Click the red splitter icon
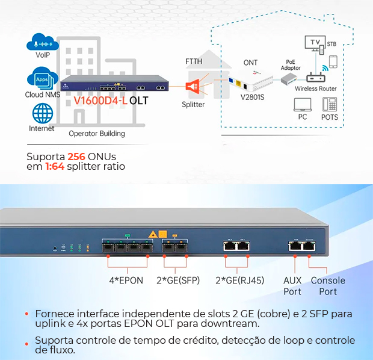tap(193, 87)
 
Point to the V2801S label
tap(253, 97)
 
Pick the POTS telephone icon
tap(330, 104)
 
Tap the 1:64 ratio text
tap(56, 167)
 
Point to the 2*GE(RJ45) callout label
tap(239, 280)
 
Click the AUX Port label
tap(292, 286)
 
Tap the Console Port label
tap(328, 286)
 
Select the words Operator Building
tap(97, 134)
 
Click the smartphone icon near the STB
tap(333, 62)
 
